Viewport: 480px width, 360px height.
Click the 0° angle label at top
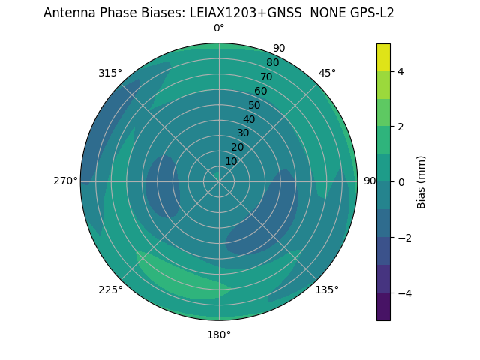219,28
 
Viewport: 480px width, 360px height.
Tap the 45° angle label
327,73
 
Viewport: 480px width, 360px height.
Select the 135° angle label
327,289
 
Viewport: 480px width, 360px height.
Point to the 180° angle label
219,334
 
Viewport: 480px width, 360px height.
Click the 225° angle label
110,289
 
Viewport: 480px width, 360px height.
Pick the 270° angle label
66,181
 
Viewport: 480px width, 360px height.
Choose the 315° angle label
110,73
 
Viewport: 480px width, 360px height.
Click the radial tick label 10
231,161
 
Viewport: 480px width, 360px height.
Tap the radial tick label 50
255,105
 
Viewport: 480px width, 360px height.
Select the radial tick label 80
272,62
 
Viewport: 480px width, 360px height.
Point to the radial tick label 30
243,133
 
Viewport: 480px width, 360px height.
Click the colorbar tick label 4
400,71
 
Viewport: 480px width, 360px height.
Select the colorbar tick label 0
400,182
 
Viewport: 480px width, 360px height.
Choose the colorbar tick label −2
403,238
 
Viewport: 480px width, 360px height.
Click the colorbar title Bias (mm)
421,182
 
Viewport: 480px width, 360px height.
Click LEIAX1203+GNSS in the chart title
246,13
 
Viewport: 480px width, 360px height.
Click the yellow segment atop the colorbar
383,57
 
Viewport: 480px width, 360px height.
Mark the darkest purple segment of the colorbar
383,307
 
